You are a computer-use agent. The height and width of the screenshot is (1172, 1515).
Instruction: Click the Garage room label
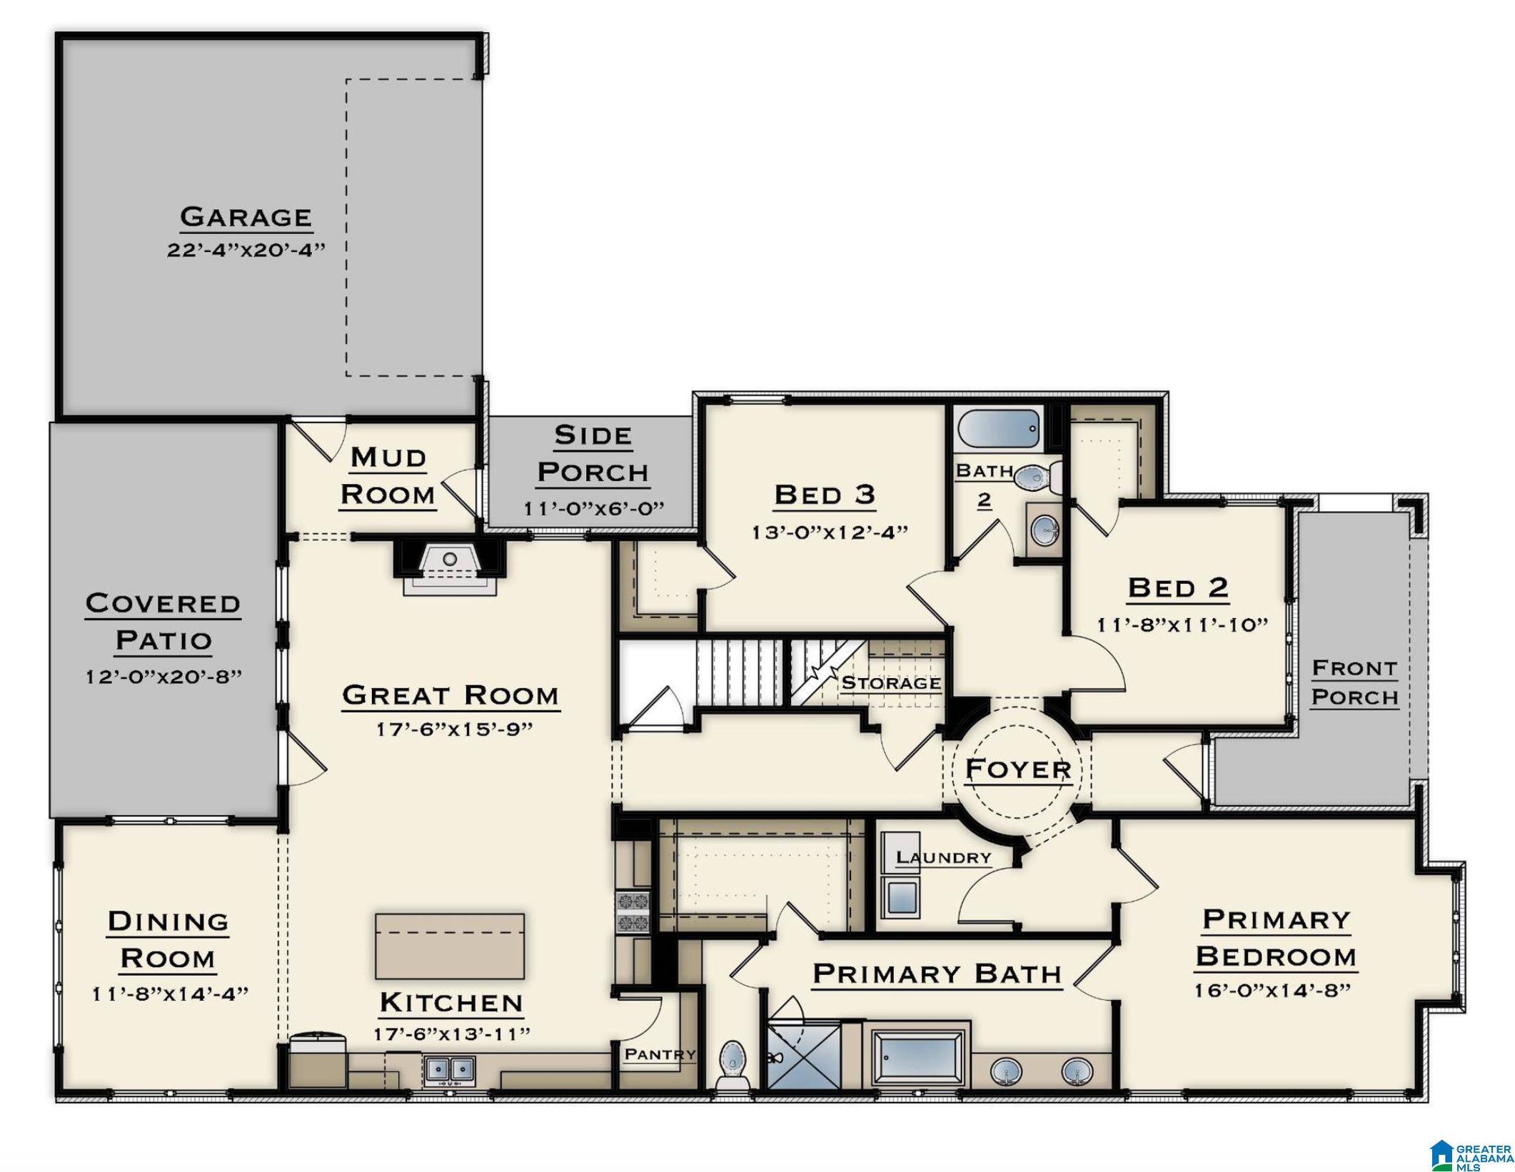(246, 217)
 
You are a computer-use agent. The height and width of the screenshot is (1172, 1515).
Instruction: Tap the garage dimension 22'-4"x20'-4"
(246, 251)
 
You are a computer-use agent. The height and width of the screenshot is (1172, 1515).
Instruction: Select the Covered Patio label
(163, 622)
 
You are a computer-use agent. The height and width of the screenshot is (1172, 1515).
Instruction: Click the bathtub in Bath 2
(997, 428)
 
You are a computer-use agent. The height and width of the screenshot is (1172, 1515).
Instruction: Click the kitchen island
(450, 946)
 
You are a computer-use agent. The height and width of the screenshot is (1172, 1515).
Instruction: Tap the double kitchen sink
(450, 1069)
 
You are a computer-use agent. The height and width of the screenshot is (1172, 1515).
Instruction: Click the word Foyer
(1018, 769)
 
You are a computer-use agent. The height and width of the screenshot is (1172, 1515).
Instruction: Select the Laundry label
(943, 857)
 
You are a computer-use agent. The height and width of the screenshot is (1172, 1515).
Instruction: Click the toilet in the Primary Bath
(732, 1064)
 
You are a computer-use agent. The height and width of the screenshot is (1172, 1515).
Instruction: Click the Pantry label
(660, 1054)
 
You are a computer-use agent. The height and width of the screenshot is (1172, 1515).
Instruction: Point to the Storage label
(890, 683)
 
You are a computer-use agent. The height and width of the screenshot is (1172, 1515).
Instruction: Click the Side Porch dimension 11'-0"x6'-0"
(594, 509)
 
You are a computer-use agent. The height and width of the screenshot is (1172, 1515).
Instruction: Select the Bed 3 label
(825, 495)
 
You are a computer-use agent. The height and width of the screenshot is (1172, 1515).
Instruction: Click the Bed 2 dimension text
(1182, 625)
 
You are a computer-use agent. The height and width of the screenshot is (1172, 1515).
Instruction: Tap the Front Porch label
(1354, 683)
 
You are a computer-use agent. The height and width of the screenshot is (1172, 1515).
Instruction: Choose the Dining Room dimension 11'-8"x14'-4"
(170, 994)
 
